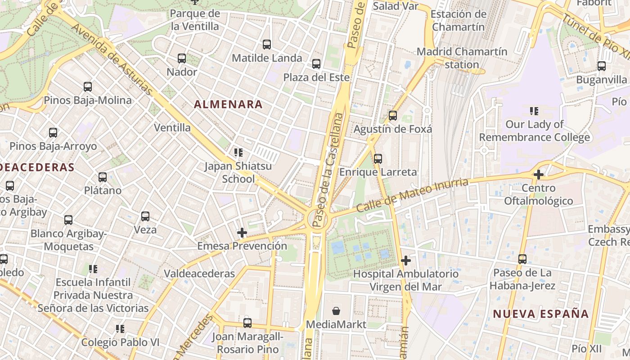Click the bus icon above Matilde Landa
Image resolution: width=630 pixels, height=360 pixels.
pos(267,44)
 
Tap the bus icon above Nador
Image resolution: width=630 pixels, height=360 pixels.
pos(182,58)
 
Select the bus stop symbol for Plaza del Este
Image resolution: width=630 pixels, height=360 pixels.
pos(316,64)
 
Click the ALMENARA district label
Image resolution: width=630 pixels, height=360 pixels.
pos(228,104)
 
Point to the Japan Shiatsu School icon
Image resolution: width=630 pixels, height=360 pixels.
pos(238,153)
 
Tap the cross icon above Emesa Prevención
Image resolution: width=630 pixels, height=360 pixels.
pos(242,232)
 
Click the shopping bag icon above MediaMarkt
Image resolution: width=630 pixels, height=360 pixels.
pos(336,311)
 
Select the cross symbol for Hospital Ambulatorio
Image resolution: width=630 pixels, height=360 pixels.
pos(406,260)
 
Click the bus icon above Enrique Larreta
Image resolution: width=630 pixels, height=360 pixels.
pos(378,158)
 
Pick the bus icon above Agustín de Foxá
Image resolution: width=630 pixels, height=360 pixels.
pos(393,116)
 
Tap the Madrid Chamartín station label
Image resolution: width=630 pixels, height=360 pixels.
pos(462,58)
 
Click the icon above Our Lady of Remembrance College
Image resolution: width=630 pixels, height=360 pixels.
pos(534,111)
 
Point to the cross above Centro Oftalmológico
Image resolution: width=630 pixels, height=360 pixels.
pos(539,174)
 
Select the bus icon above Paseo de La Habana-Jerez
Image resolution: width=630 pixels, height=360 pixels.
pos(522,259)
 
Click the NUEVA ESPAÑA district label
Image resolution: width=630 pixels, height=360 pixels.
pos(540,314)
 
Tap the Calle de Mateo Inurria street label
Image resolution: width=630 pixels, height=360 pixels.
pos(412,196)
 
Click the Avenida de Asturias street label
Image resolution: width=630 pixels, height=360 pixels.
pos(112,58)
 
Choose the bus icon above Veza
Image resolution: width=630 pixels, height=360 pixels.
pos(145,216)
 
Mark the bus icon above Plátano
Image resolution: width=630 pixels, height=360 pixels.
pos(103,177)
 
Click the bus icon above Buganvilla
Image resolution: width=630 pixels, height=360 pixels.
pos(602,66)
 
